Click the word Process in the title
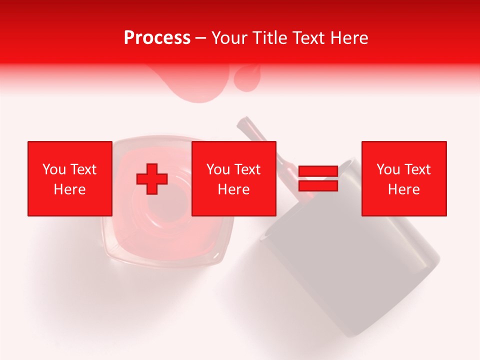[157, 37]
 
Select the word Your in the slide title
[230, 37]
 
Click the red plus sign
[152, 179]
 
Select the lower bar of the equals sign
[318, 186]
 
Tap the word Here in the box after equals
[404, 189]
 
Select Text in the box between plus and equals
[248, 169]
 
